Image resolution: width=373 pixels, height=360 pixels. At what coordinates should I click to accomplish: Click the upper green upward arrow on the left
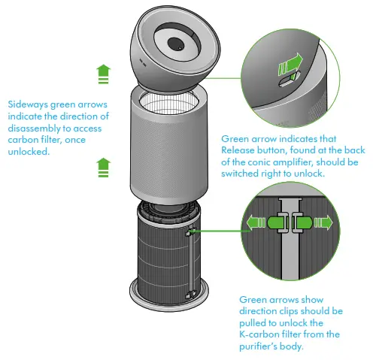[x=103, y=73]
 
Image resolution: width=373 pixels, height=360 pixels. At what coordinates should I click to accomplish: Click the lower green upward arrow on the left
[x=103, y=168]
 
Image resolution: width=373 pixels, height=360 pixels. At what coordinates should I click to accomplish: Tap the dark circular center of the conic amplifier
[x=175, y=44]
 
